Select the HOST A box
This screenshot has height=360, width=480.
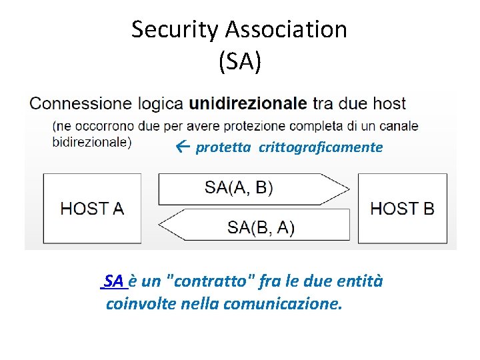[93, 208]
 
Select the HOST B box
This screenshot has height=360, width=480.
[403, 208]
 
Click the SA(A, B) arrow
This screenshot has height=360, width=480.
[253, 188]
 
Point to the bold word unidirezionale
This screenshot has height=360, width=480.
[249, 103]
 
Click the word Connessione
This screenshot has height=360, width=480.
[81, 103]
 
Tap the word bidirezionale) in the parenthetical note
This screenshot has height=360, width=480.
[92, 141]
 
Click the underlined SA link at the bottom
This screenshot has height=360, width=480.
[114, 281]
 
